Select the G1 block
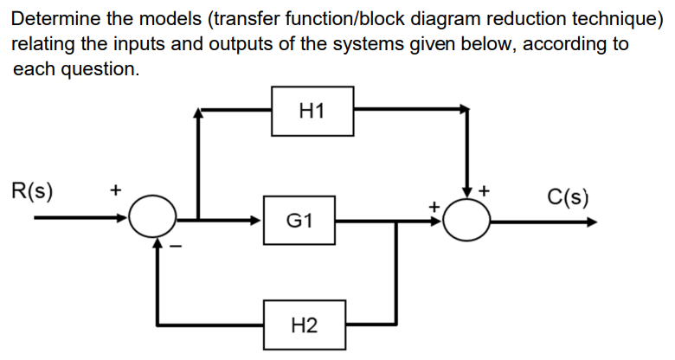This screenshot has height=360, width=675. pos(299,221)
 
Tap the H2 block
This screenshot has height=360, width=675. pos(304,325)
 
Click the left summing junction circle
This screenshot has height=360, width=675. pos(154,219)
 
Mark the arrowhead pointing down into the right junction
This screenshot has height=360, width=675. pos(469,193)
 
